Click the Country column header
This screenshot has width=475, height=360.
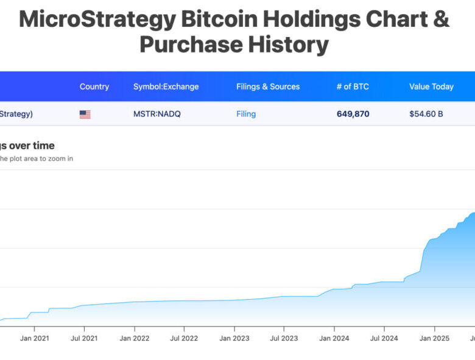coord(94,86)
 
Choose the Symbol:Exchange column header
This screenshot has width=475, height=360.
coord(166,86)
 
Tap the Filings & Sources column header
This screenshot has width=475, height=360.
coord(268,86)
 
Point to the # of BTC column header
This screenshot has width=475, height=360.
coord(353,86)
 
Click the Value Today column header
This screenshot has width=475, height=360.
coord(431,86)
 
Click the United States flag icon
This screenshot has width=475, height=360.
coord(85,114)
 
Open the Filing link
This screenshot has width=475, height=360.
coord(246,114)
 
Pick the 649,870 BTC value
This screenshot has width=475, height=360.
coord(353,114)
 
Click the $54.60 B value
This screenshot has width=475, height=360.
coord(426,114)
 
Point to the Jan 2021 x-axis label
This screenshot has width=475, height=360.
coord(34,338)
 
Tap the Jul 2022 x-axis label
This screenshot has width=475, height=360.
coord(183,338)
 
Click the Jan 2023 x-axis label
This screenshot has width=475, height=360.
coord(234,338)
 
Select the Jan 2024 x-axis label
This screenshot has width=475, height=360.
coord(334,338)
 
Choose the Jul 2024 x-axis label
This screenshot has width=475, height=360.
coord(383,338)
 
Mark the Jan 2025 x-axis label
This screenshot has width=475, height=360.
coord(434,338)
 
